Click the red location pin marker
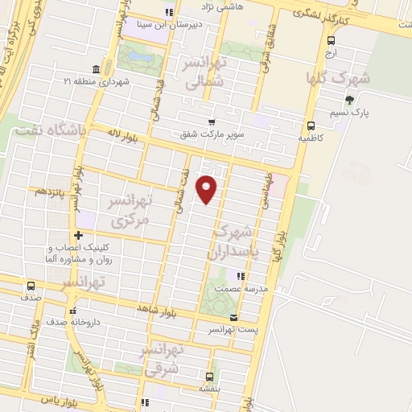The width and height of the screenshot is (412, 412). click(x=207, y=189)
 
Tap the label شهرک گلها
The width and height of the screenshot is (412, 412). click(x=338, y=79)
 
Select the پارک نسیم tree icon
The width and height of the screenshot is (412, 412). click(x=349, y=100)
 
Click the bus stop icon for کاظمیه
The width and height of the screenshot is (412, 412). click(x=311, y=125)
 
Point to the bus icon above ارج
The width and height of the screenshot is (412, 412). click(x=332, y=39)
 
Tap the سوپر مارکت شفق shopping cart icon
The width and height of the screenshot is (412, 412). click(x=212, y=122)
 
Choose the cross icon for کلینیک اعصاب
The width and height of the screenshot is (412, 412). click(x=78, y=235)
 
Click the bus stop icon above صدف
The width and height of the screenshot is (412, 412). click(x=31, y=286)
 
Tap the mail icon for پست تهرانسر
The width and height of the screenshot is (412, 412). click(x=234, y=317)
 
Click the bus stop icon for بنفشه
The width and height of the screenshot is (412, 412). click(x=209, y=377)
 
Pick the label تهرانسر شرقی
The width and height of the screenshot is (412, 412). click(x=163, y=359)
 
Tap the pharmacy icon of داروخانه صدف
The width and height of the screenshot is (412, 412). click(x=73, y=311)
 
